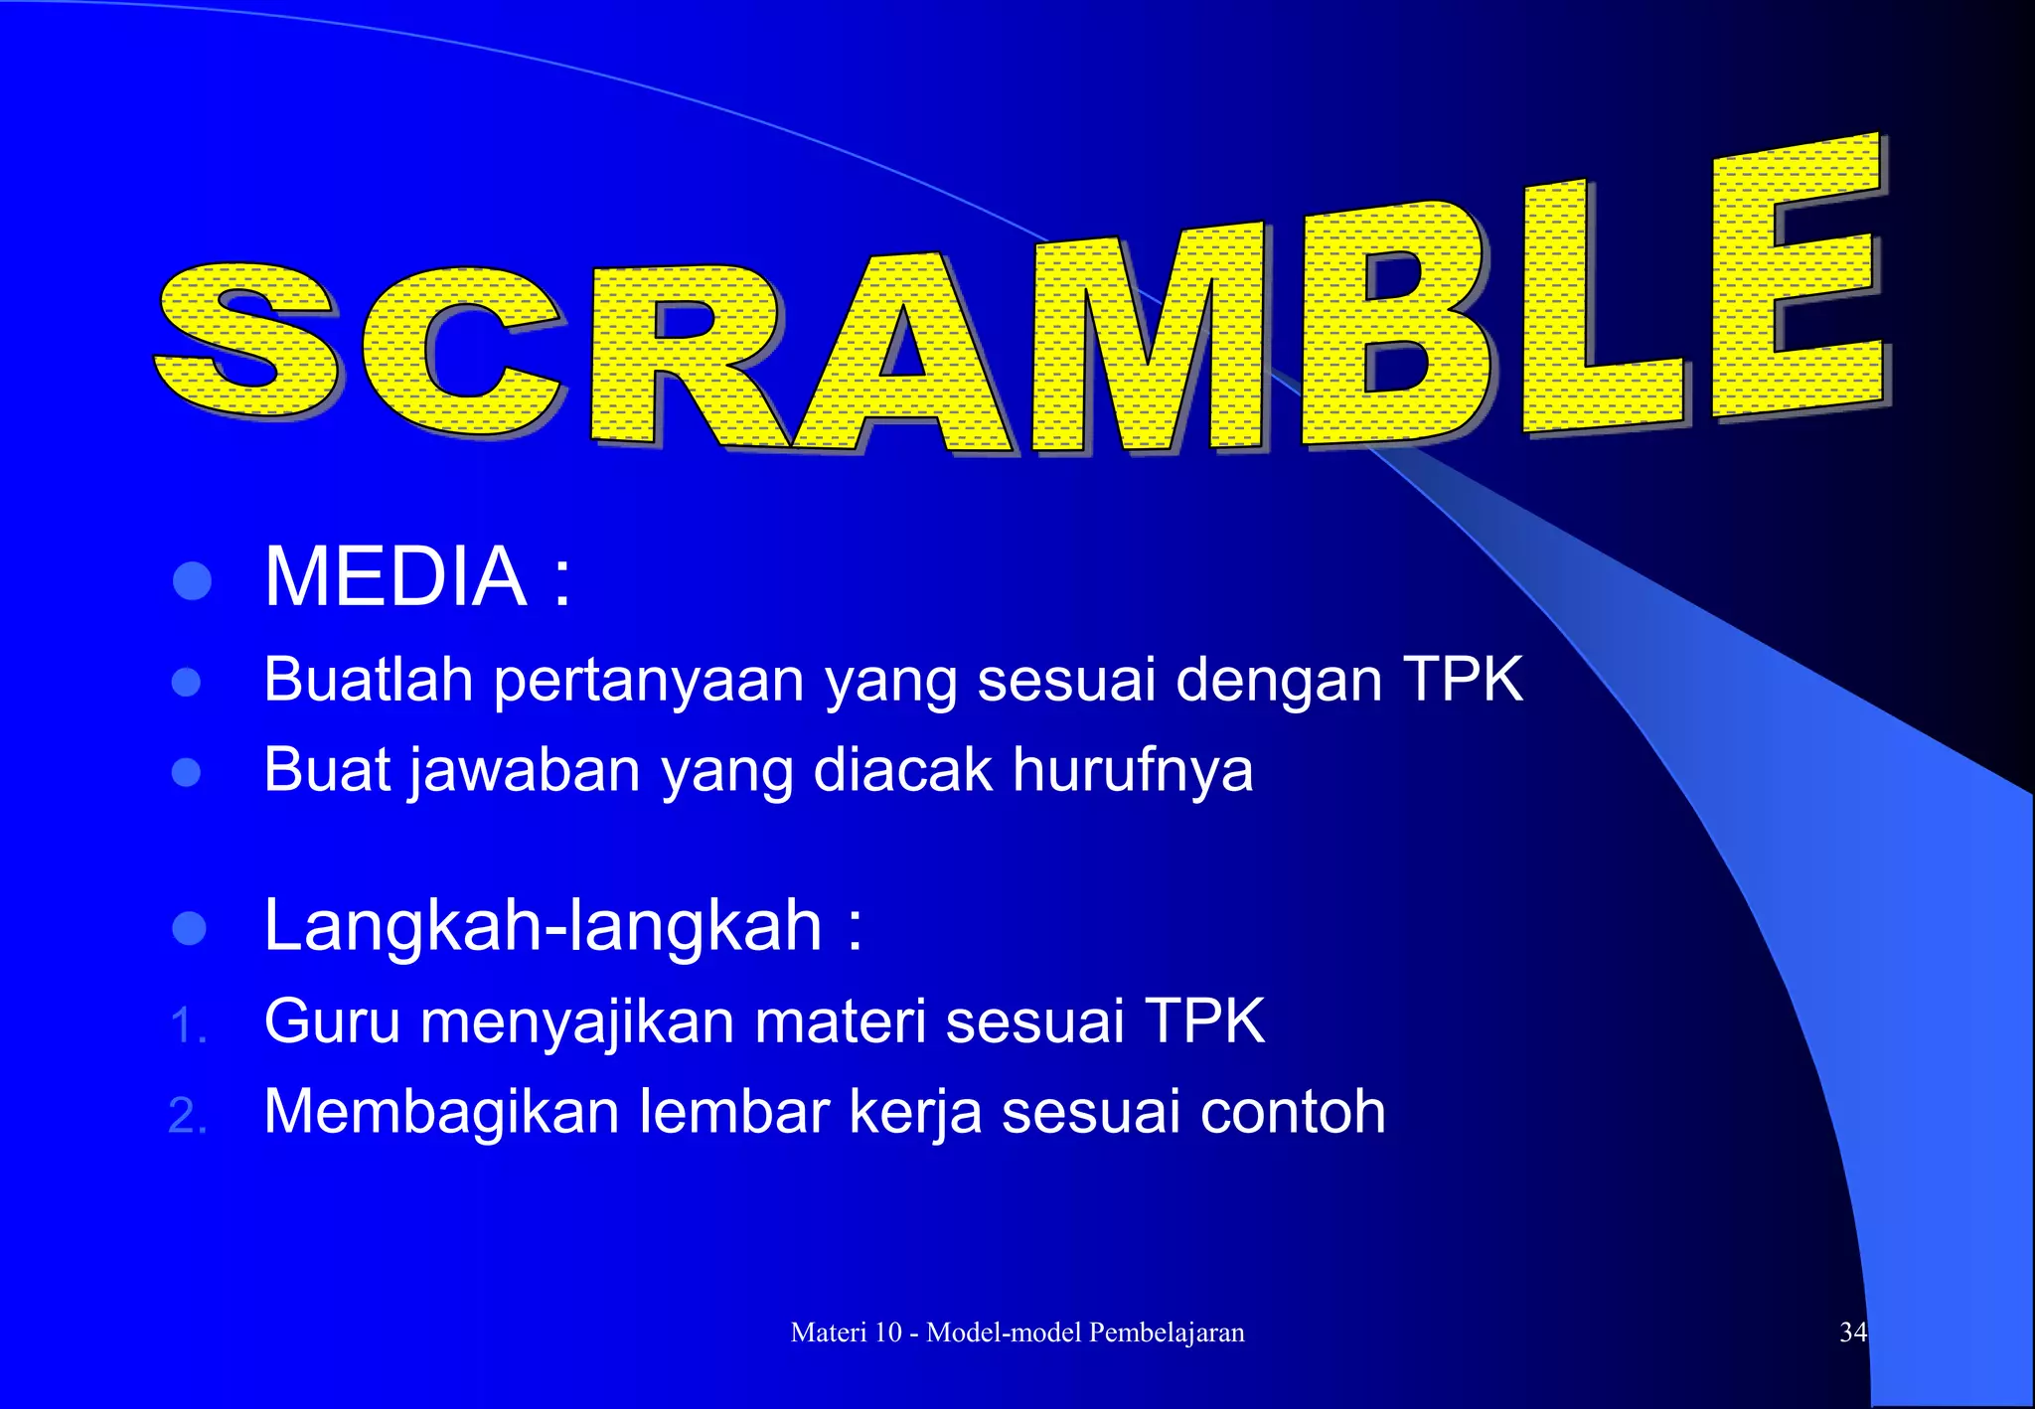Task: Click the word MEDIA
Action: pyautogui.click(x=394, y=577)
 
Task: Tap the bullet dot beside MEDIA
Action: pyautogui.click(x=192, y=581)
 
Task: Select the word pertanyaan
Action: pyautogui.click(x=649, y=683)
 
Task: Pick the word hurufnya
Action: pyautogui.click(x=1133, y=772)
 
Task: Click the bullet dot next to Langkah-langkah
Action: pyautogui.click(x=189, y=928)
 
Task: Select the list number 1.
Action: pyautogui.click(x=187, y=1026)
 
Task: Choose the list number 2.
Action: pyautogui.click(x=187, y=1116)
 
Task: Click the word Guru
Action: pyautogui.click(x=332, y=1021)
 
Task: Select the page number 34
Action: pyautogui.click(x=1853, y=1332)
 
